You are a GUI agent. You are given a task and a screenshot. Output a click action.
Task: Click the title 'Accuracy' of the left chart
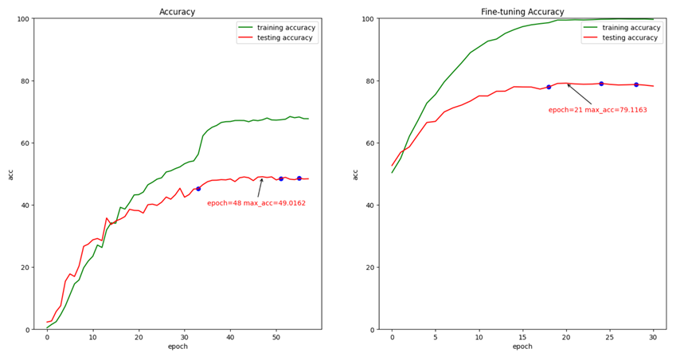coord(177,12)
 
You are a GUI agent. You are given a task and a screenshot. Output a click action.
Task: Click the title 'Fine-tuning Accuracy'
coord(522,12)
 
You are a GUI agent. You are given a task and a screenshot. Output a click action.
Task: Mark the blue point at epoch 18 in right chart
coord(549,87)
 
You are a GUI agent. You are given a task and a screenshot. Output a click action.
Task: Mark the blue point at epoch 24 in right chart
coord(601,84)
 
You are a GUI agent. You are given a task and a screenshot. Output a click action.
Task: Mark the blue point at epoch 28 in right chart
coord(636,84)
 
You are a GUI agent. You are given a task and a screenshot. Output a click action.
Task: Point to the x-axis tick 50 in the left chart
coord(276,338)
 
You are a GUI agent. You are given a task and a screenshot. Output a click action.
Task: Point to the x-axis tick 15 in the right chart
coord(522,338)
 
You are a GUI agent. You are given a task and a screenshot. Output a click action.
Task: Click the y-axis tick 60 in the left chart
coord(25,143)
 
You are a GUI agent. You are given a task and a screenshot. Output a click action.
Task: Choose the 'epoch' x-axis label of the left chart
coord(177,347)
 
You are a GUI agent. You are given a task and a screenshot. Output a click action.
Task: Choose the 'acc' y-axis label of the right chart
coord(356,174)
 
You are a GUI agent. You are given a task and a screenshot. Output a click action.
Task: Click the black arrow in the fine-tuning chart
coord(579,94)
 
